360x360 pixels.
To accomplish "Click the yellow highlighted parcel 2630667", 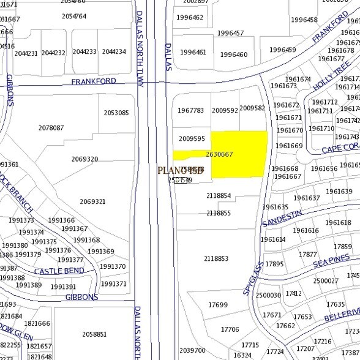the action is click(239, 154).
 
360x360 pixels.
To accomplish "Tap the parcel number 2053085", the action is click(116, 113).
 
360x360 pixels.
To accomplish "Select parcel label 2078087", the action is click(51, 128).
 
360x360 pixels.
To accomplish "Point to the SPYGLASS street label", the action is click(251, 277).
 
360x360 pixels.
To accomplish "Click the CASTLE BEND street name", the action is click(59, 271).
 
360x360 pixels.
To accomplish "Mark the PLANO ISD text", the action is click(181, 170).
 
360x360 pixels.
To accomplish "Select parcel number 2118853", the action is click(216, 259).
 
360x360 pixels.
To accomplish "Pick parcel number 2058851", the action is click(94, 334).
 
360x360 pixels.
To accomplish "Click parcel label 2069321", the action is click(92, 201).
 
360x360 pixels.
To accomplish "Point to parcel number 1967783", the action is click(191, 111).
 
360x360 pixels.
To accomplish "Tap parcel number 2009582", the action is click(252, 108).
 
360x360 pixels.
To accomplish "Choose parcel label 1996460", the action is click(234, 54).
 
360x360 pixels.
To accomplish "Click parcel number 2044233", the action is click(84, 52).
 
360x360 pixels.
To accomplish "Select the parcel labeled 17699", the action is click(217, 305).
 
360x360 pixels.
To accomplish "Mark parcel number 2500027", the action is click(325, 281).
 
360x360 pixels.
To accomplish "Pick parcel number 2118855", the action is click(219, 213).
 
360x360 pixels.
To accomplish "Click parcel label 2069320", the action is click(84, 159).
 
